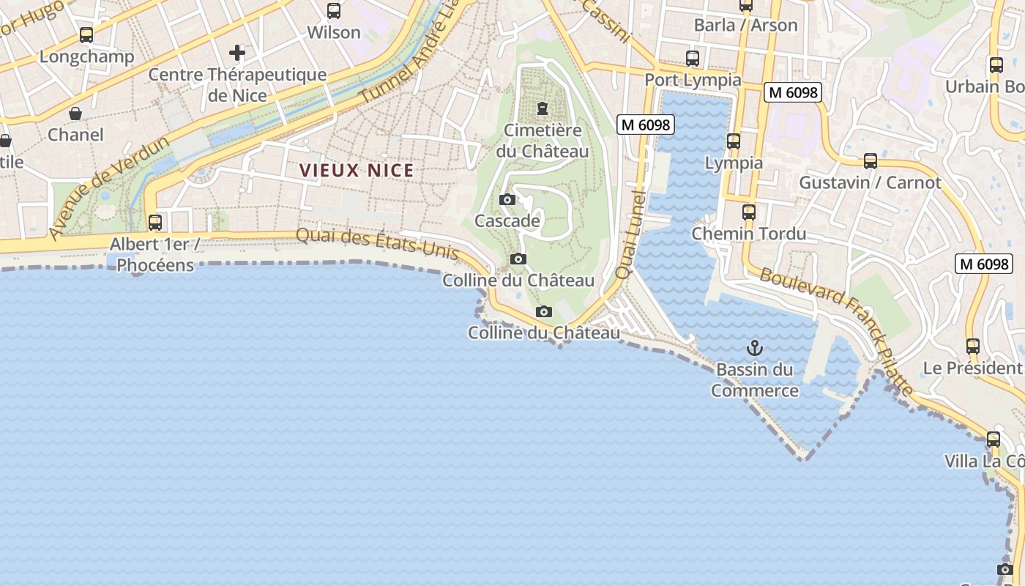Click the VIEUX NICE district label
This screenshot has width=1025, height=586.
coord(357,171)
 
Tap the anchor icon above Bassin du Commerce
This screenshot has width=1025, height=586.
coord(754,348)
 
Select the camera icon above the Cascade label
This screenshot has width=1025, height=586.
coord(507,199)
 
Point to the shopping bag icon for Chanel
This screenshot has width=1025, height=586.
coord(75,114)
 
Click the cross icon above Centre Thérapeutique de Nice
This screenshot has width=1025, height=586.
coord(236,53)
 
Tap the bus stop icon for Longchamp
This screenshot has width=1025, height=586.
coord(86,35)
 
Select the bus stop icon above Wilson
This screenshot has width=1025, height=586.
coord(334,11)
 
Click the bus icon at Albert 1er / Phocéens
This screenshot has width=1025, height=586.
coord(155,222)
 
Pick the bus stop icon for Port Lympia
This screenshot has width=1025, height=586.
coord(693,59)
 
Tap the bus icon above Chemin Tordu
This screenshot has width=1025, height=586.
coord(749,212)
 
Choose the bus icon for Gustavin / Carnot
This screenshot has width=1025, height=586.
coord(871,161)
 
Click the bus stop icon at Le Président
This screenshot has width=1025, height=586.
coord(973,346)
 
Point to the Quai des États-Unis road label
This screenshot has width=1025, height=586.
coord(377,245)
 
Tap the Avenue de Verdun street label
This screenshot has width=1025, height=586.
coord(109,188)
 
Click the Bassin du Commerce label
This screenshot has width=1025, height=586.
coord(754,380)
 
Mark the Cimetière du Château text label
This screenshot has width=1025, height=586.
coord(543,141)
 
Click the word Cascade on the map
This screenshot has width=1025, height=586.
coord(507,220)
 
